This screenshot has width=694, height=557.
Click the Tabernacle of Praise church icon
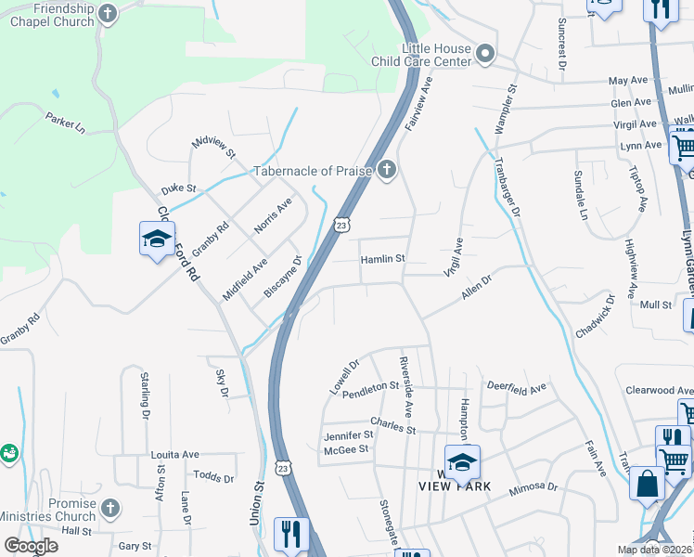pos(387,171)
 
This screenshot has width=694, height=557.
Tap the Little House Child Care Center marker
pos(485,56)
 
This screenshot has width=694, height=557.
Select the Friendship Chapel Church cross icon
pos(109,13)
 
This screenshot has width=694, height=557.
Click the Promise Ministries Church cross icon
pos(109,509)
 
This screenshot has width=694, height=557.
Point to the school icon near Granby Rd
pos(157,240)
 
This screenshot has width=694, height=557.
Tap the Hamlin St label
pos(383,259)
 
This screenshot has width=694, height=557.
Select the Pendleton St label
pos(370,385)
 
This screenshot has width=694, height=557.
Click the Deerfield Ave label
pos(517,389)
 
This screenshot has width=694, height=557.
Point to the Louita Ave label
pos(175,455)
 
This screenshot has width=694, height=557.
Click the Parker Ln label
pos(65,122)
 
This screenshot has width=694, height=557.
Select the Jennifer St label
pos(348,434)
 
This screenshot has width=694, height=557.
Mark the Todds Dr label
pos(213,477)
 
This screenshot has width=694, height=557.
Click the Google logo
pos(31,546)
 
